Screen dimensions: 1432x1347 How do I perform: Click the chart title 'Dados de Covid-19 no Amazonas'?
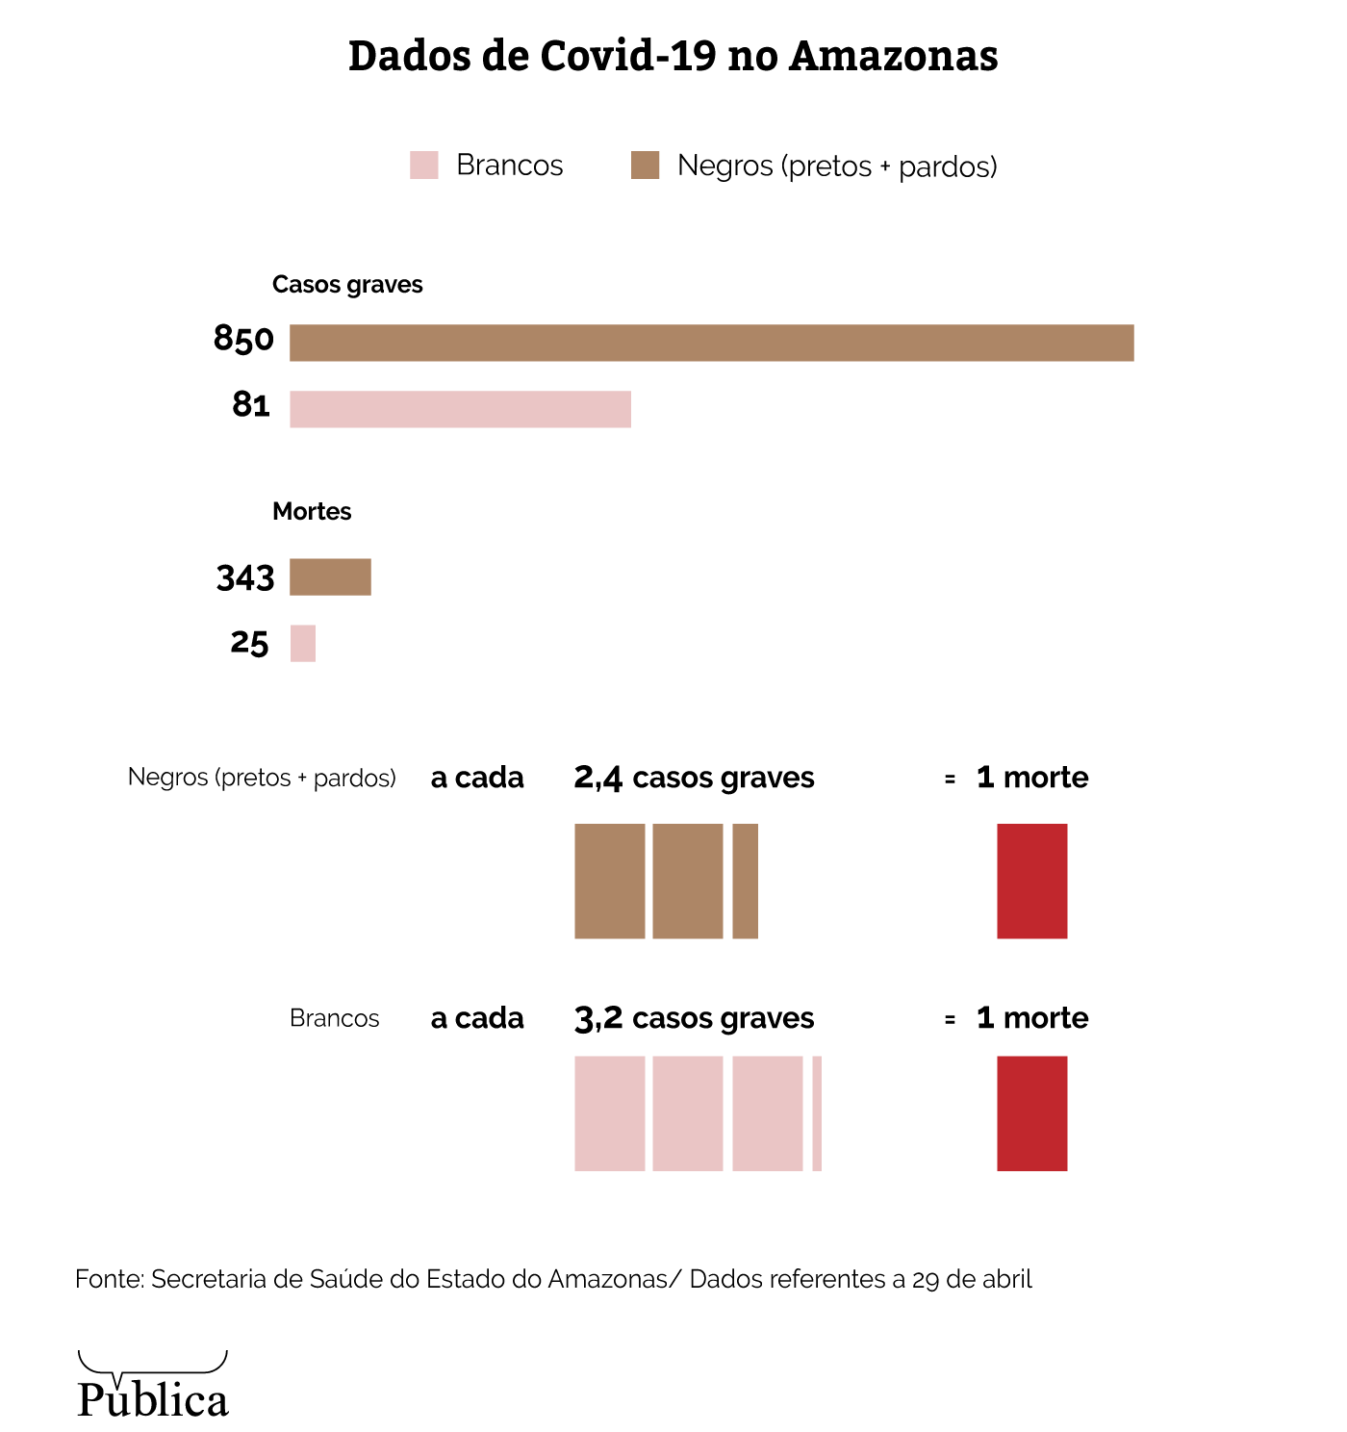[x=673, y=56]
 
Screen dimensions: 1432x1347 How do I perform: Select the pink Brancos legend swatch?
[x=423, y=166]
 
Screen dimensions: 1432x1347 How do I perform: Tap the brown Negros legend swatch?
[x=645, y=166]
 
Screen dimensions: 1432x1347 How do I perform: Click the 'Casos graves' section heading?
[x=347, y=285]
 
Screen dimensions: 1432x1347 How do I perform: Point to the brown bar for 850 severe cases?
[x=711, y=344]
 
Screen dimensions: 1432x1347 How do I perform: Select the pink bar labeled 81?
[x=460, y=409]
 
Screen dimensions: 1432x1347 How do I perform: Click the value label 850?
[x=243, y=340]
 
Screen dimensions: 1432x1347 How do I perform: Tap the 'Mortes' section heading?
[x=312, y=512]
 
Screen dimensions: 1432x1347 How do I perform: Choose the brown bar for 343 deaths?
[x=330, y=577]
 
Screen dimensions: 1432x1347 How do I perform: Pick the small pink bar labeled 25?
[x=303, y=643]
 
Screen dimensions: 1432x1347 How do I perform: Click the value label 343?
[x=245, y=578]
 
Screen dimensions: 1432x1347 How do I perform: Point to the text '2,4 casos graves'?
[x=694, y=778]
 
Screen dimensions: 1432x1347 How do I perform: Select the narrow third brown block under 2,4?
[x=745, y=881]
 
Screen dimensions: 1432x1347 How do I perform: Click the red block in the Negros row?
[x=1031, y=881]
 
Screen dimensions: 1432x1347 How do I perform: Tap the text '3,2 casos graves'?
[x=694, y=1018]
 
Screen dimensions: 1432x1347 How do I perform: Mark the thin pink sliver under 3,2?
[x=817, y=1113]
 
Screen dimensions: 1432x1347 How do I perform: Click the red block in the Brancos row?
[x=1031, y=1113]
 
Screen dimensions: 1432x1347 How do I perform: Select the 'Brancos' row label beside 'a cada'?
[x=335, y=1018]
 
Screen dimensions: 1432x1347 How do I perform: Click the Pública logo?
[x=153, y=1387]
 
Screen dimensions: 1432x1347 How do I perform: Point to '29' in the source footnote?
[x=926, y=1280]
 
